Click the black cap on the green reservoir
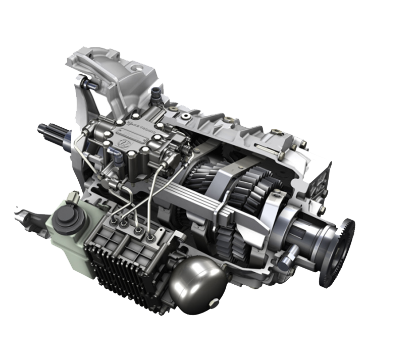(x=66, y=218)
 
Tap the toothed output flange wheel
(x=337, y=252)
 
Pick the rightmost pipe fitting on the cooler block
(x=150, y=235)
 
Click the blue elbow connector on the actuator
(x=117, y=160)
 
